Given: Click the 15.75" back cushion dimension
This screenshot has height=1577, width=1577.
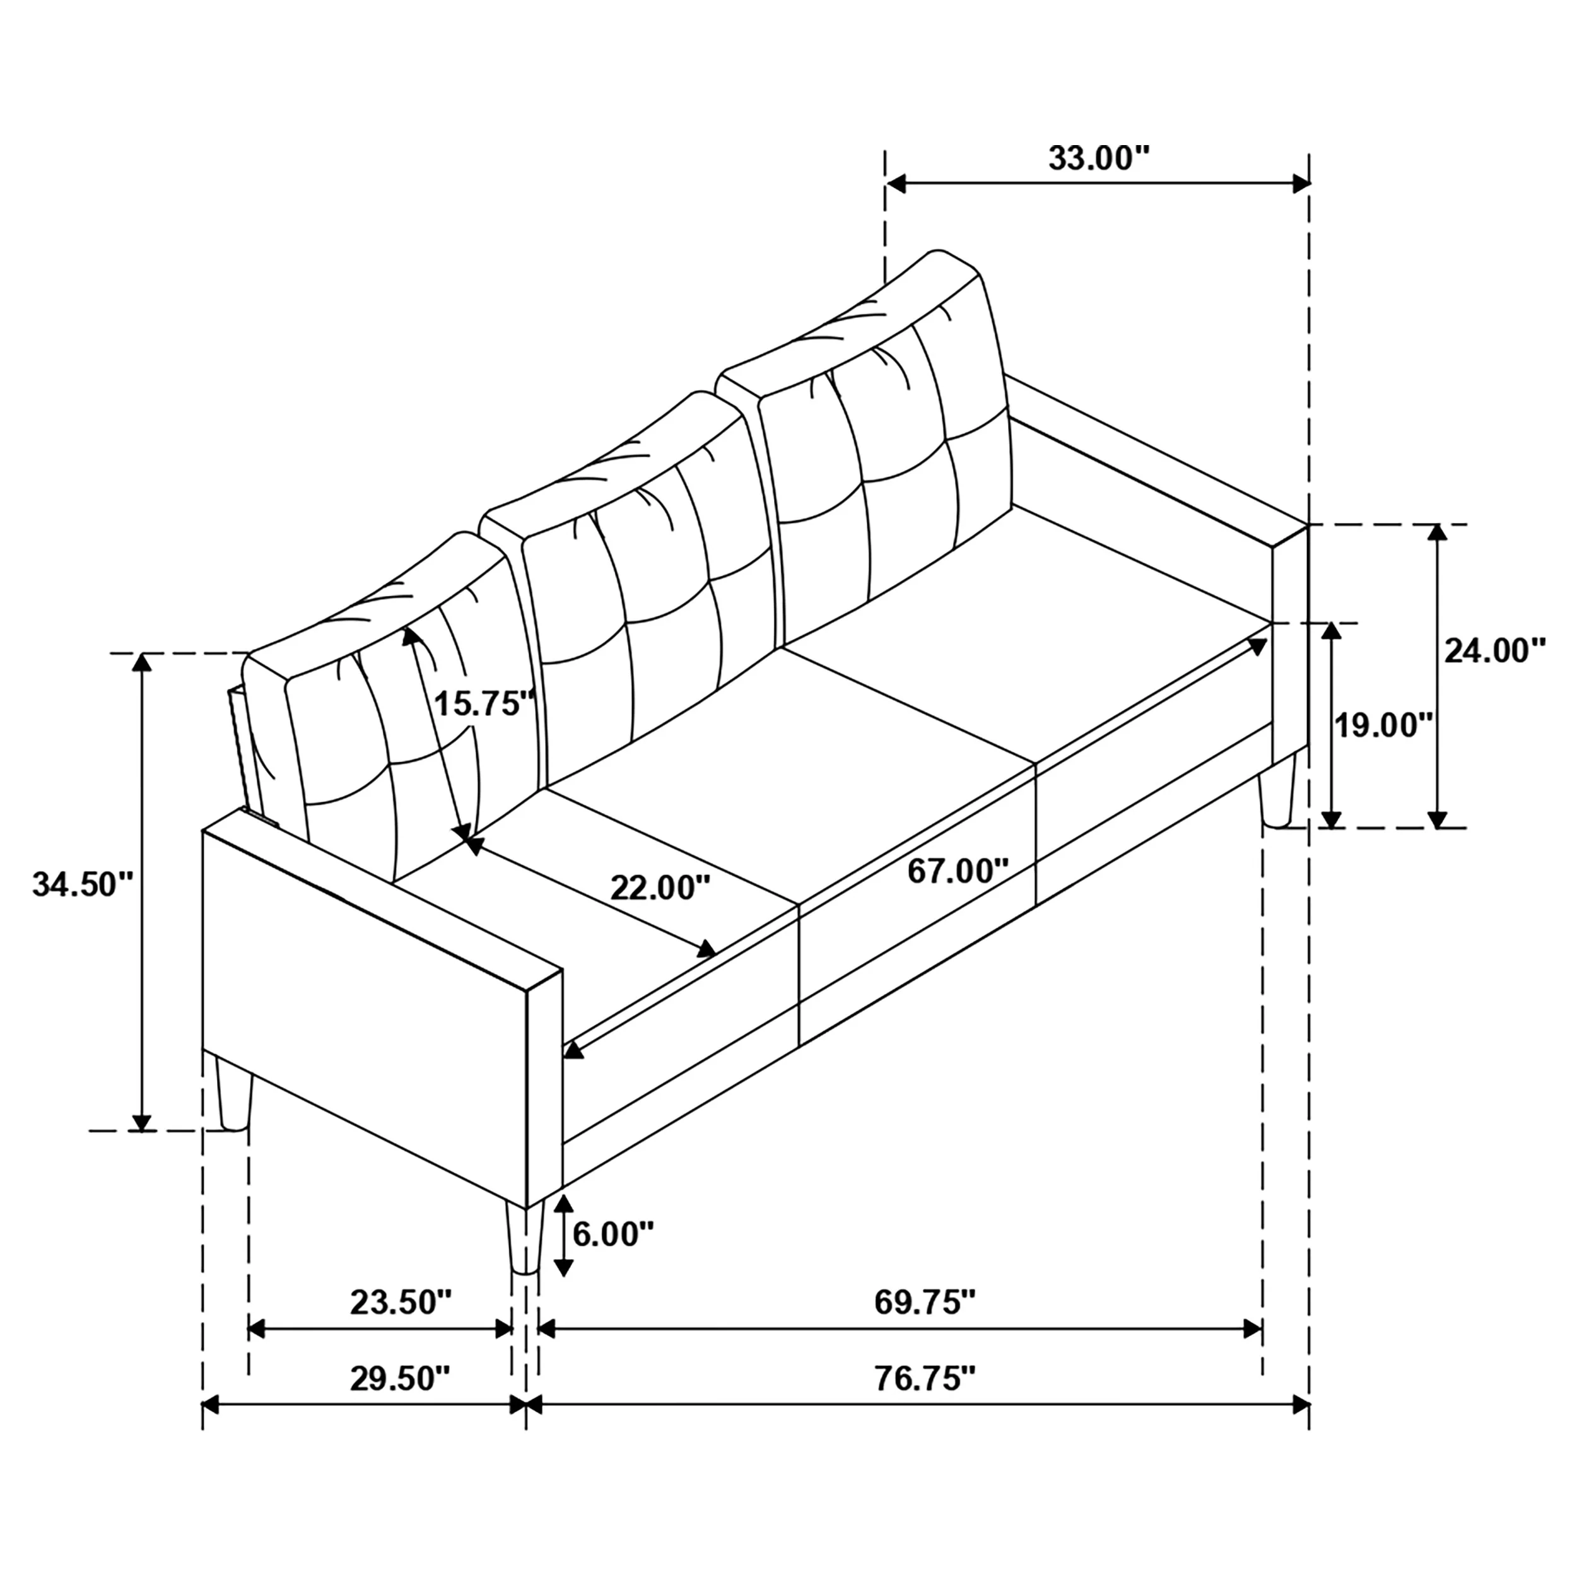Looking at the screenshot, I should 484,702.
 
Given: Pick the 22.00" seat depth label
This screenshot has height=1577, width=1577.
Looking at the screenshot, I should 660,888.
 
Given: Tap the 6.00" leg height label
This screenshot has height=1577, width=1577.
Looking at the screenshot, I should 613,1234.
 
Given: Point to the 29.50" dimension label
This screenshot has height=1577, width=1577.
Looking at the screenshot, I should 400,1379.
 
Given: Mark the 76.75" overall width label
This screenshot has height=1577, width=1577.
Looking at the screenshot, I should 925,1379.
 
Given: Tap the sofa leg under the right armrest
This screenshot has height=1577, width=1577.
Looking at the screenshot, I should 1277,790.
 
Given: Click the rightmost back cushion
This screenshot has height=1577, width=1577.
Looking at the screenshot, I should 889,457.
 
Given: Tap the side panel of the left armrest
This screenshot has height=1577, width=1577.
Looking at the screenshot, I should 363,1012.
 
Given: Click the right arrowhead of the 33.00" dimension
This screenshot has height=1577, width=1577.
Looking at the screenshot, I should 1300,184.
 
